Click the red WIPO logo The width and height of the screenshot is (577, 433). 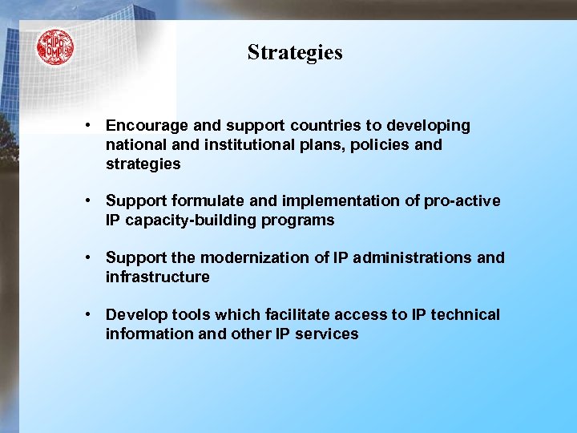(x=54, y=47)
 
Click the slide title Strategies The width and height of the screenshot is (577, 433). (x=295, y=52)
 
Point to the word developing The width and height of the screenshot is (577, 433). (x=429, y=126)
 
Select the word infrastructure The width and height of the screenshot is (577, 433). (x=158, y=277)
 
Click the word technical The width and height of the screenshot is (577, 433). (x=466, y=314)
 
